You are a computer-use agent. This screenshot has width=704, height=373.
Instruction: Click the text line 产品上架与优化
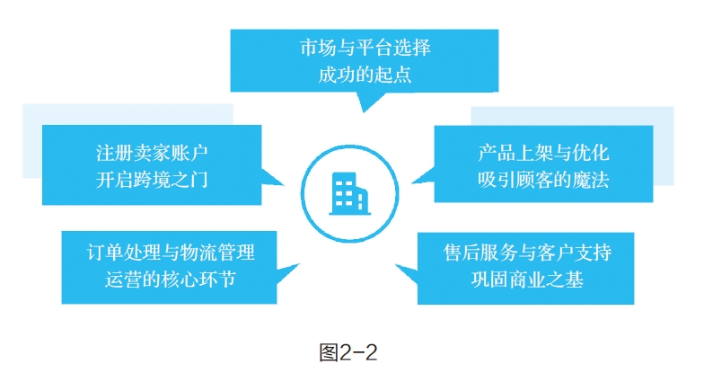point(543,152)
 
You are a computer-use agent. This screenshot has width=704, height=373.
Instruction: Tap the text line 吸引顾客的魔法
point(543,179)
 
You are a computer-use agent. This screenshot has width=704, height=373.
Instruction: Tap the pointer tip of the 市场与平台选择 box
point(363,111)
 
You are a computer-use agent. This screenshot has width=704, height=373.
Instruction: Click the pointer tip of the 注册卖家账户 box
point(285,186)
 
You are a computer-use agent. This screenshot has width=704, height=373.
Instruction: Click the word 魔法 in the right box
point(594,179)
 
